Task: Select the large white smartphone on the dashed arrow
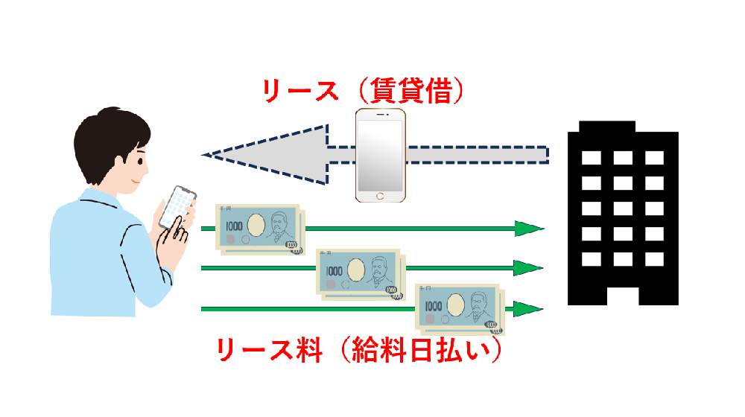[380, 156]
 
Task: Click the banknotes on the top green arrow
[260, 228]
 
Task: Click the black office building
[623, 216]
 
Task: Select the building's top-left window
[591, 158]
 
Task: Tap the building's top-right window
[654, 158]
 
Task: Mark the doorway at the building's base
[623, 294]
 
